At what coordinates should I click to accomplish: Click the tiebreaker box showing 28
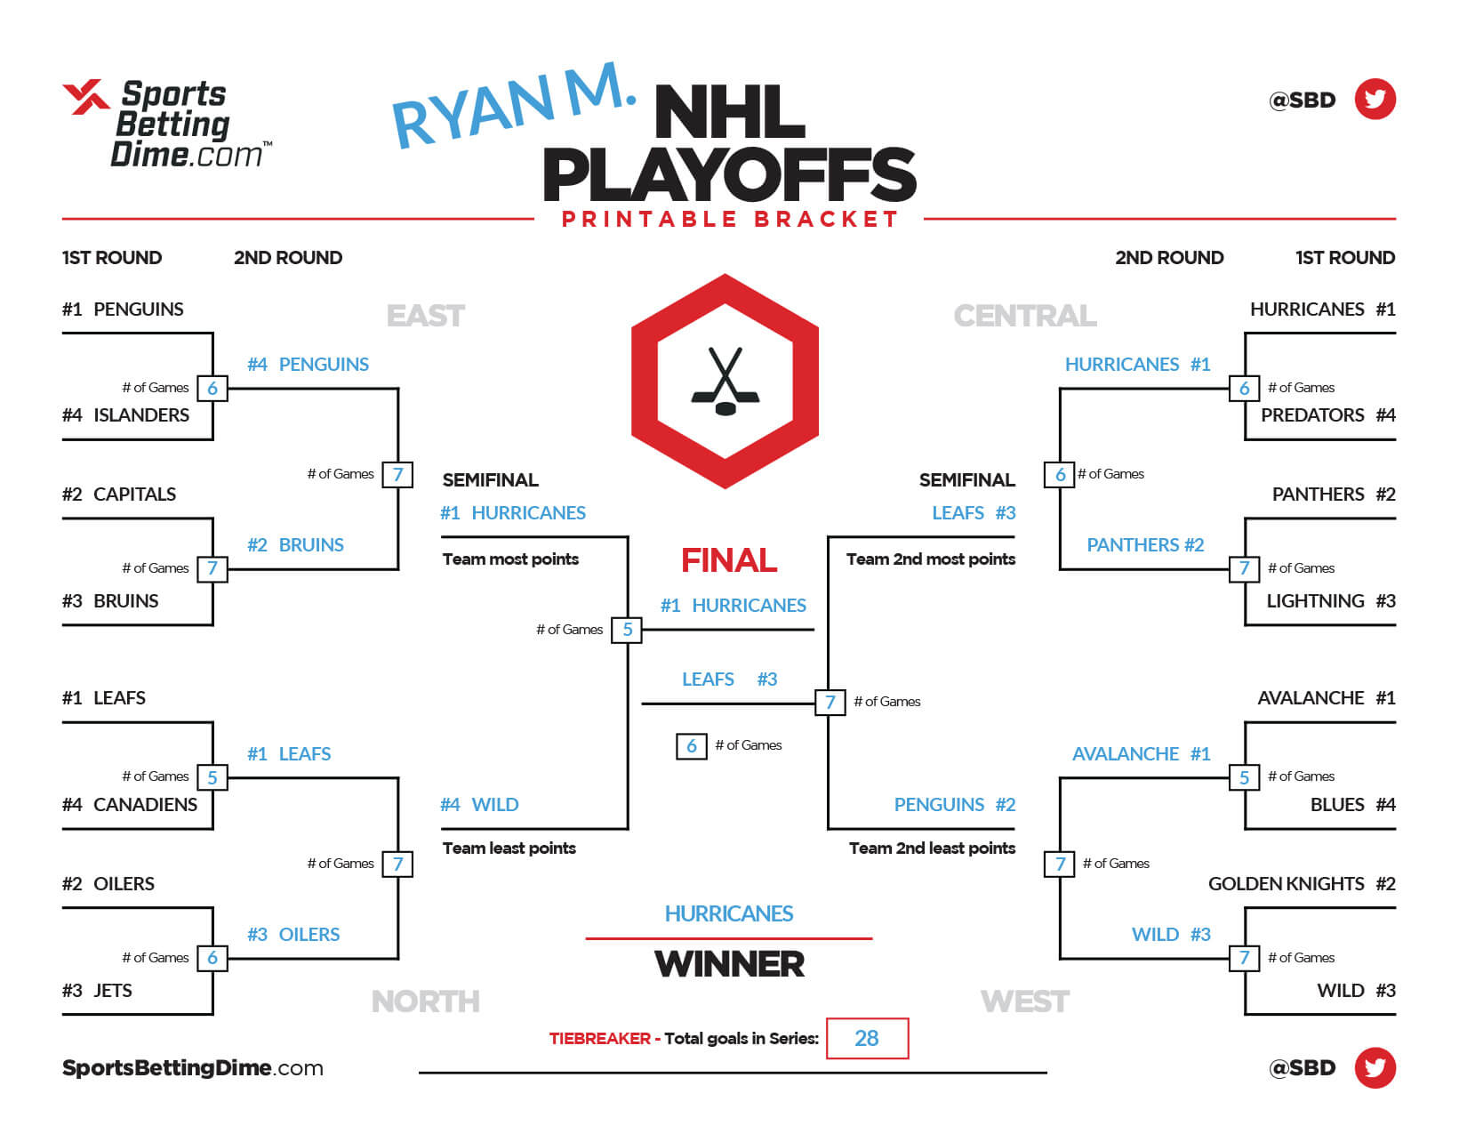click(x=867, y=1038)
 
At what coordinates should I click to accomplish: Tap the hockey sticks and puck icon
click(x=725, y=382)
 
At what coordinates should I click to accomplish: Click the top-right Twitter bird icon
click(x=1375, y=100)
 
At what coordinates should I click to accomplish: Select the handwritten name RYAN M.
click(x=513, y=106)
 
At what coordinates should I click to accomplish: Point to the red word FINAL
click(x=729, y=560)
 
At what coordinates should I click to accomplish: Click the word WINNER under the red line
click(x=729, y=964)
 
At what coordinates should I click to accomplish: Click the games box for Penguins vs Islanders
click(x=212, y=388)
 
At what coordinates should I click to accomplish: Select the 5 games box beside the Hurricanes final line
click(x=628, y=630)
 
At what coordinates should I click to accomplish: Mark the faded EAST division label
click(x=426, y=316)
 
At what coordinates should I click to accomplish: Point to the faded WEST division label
click(x=1025, y=1001)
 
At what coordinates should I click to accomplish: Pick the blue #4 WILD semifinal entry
click(x=479, y=805)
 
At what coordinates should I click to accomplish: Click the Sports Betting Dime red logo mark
click(x=85, y=97)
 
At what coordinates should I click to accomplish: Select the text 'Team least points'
click(x=509, y=848)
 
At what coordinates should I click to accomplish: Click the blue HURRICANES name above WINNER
click(x=729, y=913)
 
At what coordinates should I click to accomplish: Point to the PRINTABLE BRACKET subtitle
click(x=729, y=220)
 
